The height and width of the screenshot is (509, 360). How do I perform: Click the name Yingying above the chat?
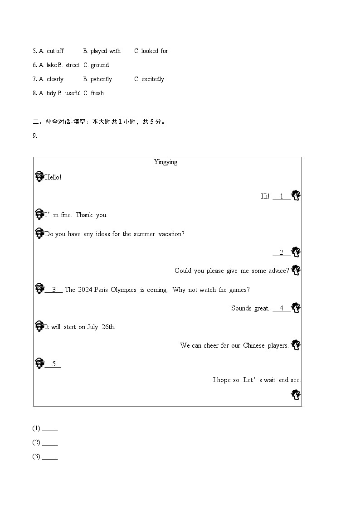coord(165,162)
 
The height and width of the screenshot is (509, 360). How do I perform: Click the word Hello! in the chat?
coord(53,177)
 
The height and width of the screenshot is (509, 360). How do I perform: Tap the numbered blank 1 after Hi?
coord(282,196)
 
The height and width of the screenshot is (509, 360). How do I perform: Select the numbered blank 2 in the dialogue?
coord(282,252)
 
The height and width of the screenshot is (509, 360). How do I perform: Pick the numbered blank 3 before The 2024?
coord(54,290)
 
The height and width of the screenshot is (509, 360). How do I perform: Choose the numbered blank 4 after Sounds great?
coord(282,308)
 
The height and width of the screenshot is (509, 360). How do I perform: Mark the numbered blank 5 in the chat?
coord(53,364)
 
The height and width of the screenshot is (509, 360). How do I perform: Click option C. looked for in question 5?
coord(151,51)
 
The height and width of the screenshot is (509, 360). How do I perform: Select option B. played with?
coord(102,51)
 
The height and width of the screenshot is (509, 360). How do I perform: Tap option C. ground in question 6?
coord(96,65)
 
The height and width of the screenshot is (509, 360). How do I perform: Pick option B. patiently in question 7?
coord(97,79)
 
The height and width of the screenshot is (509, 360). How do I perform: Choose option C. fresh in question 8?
coord(93,93)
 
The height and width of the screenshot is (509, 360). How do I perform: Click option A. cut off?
coord(51,51)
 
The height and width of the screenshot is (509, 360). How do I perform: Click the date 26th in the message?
coord(108,327)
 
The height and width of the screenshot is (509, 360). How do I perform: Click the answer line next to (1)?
coord(50,429)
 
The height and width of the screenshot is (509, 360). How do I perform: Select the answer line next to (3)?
coord(50,457)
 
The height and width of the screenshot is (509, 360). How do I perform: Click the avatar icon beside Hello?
coord(39,177)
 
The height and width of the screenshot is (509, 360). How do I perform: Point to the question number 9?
coord(35,136)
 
